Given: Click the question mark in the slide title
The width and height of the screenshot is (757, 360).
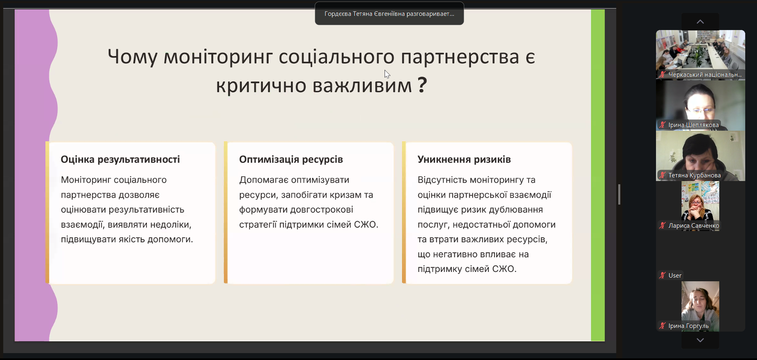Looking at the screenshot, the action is coord(422,85).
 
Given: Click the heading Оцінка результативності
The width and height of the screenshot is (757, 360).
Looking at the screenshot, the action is coord(120,160).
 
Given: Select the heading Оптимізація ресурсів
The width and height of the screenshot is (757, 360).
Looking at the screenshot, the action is coord(291,160).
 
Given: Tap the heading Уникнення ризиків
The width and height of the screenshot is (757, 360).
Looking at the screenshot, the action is coord(464,160).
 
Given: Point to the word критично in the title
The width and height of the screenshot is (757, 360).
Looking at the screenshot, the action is coord(261,85).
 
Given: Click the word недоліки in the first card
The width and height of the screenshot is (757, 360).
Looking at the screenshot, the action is coord(172,225).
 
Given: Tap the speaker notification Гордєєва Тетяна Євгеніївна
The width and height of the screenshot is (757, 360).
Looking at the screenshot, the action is coord(389,14).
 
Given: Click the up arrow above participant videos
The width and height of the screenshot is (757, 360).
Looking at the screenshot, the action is coord(700,22).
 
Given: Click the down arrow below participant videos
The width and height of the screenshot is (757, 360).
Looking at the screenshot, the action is coord(700,340).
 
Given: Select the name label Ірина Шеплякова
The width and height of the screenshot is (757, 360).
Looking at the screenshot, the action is coord(693,125).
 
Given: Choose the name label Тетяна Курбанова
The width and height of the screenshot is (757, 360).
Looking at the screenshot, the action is coord(695,175).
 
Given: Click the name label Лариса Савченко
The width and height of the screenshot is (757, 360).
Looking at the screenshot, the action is coord(694,226).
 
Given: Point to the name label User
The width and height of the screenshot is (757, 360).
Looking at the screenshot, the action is coord(675,276).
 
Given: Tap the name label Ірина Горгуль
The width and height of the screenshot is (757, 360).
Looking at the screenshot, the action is coord(688,326).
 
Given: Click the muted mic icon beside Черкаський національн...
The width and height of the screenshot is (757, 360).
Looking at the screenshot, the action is coord(662,75).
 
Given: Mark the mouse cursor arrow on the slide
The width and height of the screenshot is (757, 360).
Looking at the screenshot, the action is coord(387,74).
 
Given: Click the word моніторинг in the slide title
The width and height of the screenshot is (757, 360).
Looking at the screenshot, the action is coord(218,56).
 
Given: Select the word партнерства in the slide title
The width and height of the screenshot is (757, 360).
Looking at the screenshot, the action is coord(460,56).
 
